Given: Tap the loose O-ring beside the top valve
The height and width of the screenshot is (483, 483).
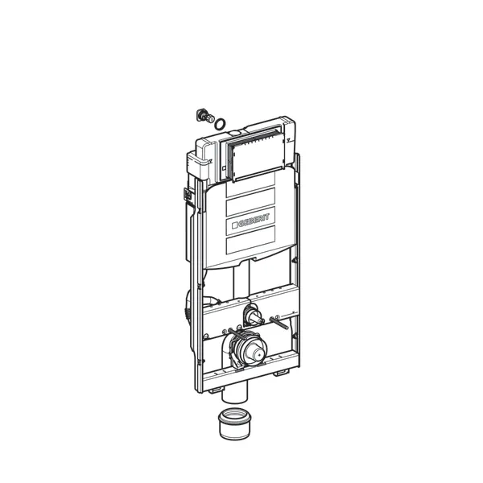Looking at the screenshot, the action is pos(219,124).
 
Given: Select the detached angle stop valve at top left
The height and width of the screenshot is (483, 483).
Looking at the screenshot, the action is pos(205,117).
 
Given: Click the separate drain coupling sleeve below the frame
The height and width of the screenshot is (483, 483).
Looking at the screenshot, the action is pos(235,423).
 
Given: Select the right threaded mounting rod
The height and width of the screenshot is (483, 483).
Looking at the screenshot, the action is pos(279,323).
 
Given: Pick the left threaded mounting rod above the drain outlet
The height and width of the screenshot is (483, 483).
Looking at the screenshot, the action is pos(237,334).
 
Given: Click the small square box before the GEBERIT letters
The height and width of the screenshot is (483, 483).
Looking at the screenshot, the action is pos(235,225).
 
